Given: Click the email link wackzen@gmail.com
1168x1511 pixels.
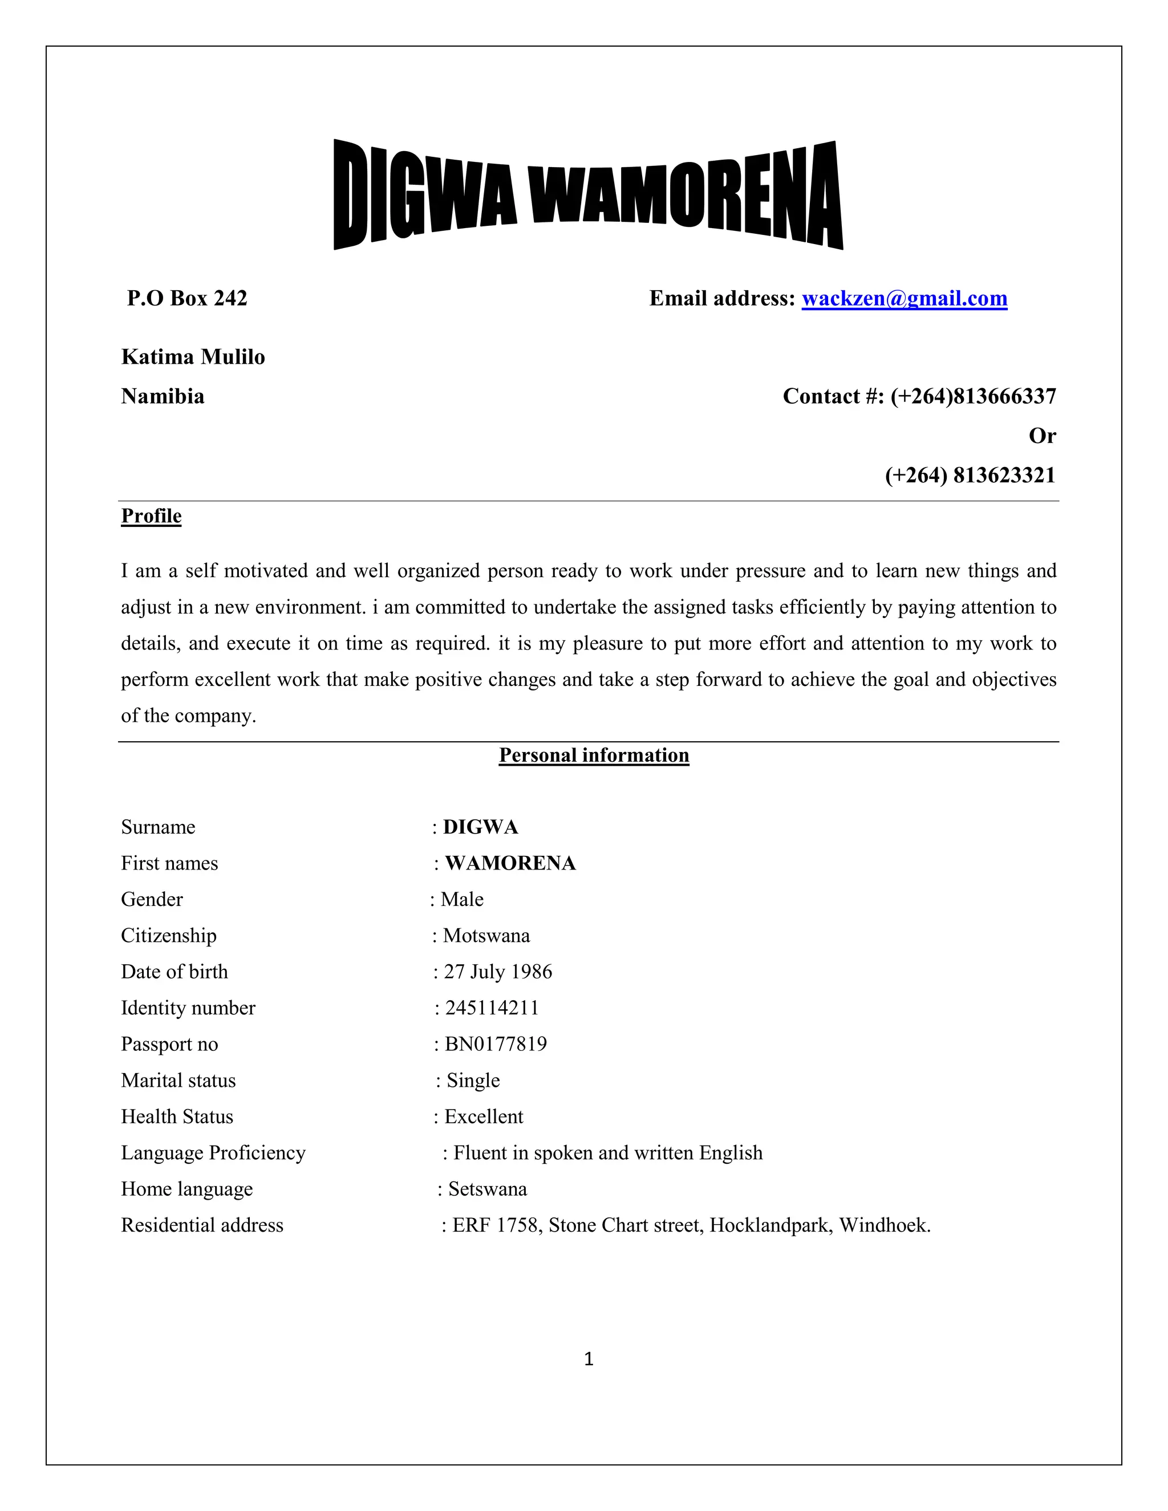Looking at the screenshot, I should [904, 298].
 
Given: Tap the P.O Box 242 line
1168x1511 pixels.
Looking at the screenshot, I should [187, 298].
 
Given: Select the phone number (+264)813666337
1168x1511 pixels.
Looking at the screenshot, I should [973, 396].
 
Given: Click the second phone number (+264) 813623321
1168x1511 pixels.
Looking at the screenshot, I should [970, 476].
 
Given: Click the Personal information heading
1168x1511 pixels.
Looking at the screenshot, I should [594, 755].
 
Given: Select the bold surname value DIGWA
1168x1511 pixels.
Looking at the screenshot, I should [480, 827].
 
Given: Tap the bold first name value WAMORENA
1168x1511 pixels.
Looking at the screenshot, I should [510, 863].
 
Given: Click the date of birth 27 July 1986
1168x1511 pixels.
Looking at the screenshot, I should [497, 972].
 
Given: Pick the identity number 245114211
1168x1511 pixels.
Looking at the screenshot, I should [491, 1008].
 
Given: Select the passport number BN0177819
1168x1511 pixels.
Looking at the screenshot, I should [496, 1044].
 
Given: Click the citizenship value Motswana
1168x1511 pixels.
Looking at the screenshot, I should [486, 936].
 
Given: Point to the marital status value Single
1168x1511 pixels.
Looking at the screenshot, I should [473, 1081].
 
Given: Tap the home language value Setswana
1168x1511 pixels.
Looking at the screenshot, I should [487, 1189].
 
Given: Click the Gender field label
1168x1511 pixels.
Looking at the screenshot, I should [152, 899].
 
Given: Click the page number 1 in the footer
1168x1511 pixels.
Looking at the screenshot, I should [589, 1359].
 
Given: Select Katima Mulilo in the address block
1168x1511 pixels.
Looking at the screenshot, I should [193, 357].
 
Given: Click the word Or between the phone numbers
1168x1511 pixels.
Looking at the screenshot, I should [1042, 436].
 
